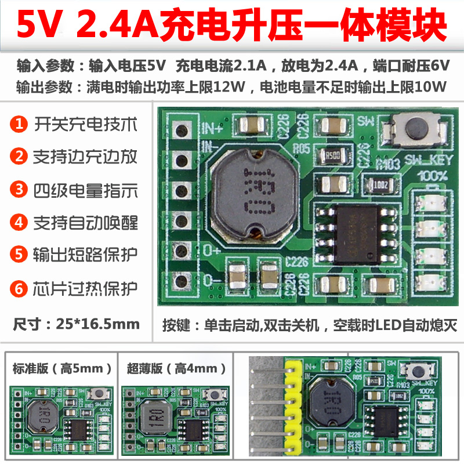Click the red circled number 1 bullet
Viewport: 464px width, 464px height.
pos(20,124)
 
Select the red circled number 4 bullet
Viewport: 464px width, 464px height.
pos(20,222)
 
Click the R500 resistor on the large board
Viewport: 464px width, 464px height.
pos(333,155)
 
